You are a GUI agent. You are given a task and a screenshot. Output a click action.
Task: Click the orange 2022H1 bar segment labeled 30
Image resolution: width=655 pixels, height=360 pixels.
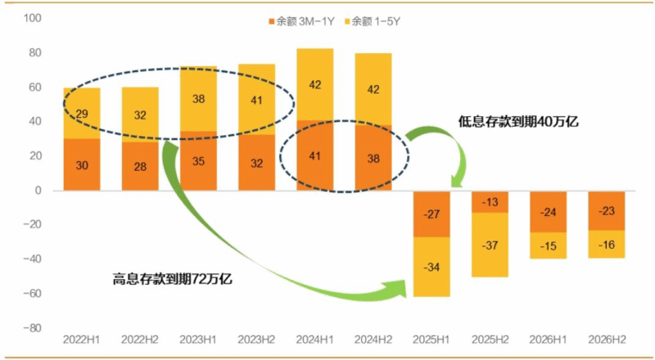pos(81,164)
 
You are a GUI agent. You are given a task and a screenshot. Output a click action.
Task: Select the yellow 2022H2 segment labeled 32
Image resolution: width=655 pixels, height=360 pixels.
pos(139,115)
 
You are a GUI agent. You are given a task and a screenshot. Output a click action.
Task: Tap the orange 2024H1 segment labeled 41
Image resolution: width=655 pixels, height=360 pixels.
pos(314,155)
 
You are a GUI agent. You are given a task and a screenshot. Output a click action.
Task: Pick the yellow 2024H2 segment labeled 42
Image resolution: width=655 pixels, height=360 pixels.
pos(373,89)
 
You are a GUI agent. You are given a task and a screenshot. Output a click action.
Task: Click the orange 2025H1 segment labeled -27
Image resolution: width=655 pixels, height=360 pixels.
pos(432,214)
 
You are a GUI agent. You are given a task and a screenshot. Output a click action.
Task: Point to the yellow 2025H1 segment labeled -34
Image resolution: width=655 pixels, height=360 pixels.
pos(432,267)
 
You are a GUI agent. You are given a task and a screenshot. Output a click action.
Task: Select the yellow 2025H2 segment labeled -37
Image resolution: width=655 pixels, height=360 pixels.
pos(490,245)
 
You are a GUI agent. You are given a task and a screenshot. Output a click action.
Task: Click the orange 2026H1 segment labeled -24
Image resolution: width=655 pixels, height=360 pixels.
pos(549,211)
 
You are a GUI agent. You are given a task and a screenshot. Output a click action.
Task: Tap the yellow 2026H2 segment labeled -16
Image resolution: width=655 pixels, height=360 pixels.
pos(607,244)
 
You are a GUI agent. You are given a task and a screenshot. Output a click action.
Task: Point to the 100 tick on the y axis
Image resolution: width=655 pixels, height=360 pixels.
pos(34,18)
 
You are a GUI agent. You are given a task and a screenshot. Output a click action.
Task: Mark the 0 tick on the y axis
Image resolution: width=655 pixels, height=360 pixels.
pos(38,191)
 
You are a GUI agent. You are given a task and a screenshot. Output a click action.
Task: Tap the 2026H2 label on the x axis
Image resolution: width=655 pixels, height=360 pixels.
pos(607,339)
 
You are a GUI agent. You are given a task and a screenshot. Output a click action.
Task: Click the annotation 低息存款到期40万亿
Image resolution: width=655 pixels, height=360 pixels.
pos(519,121)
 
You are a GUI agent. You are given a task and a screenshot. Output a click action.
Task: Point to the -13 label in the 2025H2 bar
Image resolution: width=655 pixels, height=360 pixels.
pos(490,202)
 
